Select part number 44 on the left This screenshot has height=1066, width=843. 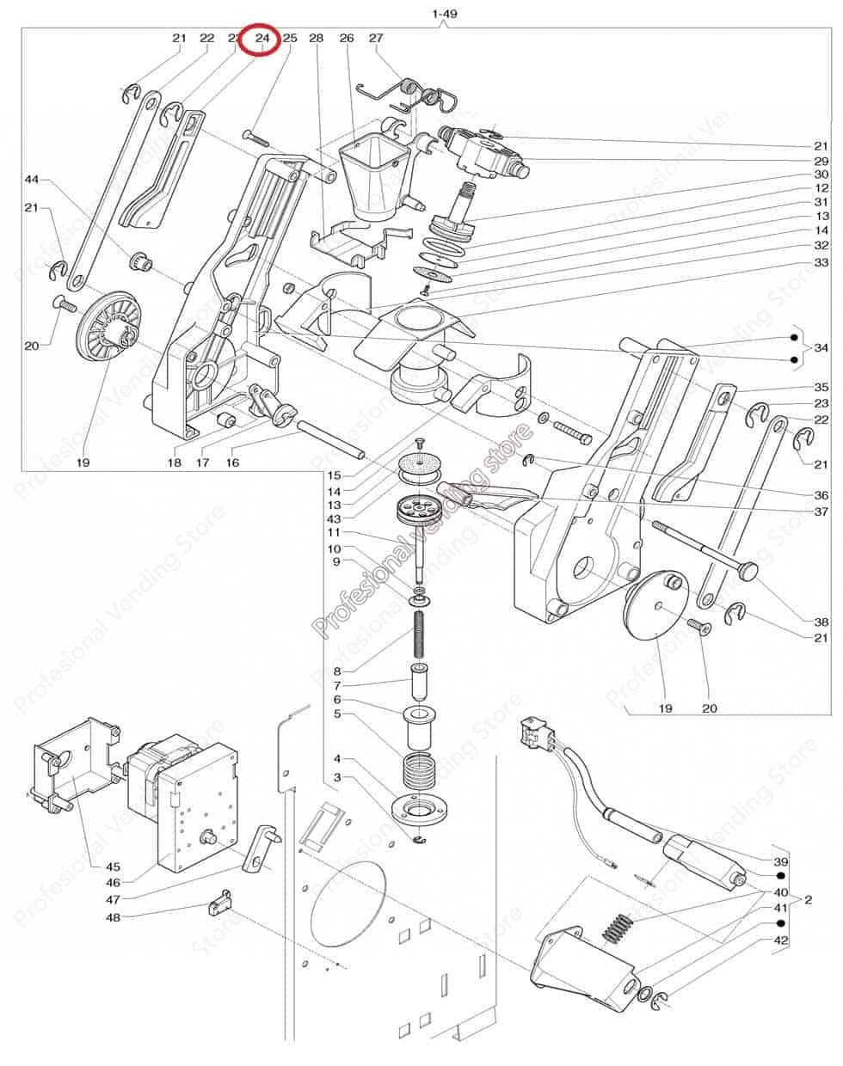click(32, 180)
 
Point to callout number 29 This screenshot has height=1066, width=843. click(821, 162)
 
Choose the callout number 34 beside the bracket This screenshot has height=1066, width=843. click(822, 347)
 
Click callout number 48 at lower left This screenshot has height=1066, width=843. click(113, 917)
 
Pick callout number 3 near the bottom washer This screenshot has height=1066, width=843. click(337, 777)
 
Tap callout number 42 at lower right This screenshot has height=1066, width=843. click(780, 940)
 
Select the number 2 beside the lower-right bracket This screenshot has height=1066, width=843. click(808, 899)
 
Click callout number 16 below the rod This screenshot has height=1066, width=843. click(232, 463)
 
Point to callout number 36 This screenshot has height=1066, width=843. click(821, 495)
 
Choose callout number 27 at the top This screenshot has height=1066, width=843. click(376, 38)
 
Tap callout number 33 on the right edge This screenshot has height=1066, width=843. click(821, 262)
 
